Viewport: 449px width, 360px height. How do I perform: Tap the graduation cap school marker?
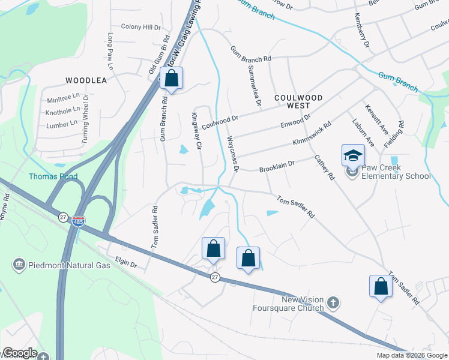tap(353, 156)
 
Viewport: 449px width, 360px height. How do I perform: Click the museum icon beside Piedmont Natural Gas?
tap(19, 265)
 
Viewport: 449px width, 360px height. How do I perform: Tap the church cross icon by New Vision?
tap(335, 303)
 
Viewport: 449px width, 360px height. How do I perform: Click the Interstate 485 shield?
tap(77, 222)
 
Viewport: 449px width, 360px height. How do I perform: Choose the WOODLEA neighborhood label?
tap(86, 80)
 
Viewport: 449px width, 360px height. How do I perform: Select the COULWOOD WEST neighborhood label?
tap(298, 101)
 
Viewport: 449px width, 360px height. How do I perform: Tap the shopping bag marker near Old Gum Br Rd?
tap(171, 79)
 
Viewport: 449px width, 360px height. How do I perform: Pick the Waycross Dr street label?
tap(233, 154)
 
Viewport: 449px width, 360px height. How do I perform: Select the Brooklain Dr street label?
tap(277, 167)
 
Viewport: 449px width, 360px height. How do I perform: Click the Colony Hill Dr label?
tap(141, 27)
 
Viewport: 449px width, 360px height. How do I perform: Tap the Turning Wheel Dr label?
tap(85, 120)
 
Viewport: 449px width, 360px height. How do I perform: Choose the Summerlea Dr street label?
tap(253, 86)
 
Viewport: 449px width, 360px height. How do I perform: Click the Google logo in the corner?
tap(19, 353)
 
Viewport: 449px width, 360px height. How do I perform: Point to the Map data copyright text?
tap(412, 355)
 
